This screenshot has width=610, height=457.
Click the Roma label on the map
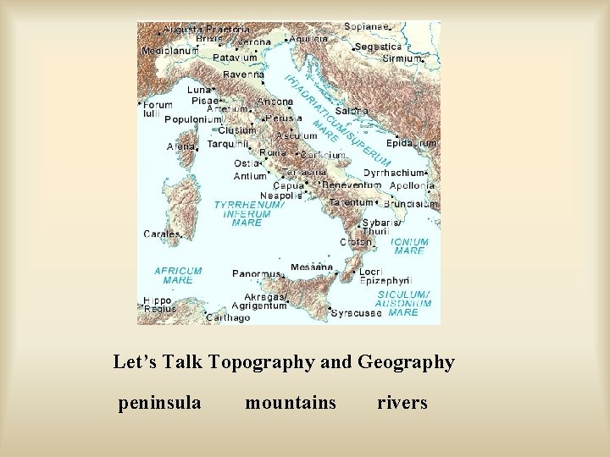pyautogui.click(x=273, y=152)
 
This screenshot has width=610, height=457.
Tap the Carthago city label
pyautogui.click(x=229, y=318)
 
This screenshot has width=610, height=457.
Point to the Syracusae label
pyautogui.click(x=357, y=312)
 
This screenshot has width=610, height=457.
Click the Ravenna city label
pyautogui.click(x=242, y=74)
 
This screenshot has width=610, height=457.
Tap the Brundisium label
pyautogui.click(x=411, y=204)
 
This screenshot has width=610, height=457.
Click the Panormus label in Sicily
pyautogui.click(x=256, y=274)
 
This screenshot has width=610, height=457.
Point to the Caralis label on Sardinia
pyautogui.click(x=162, y=234)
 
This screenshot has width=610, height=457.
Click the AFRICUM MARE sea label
pyautogui.click(x=178, y=275)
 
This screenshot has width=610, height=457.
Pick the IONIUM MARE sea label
pyautogui.click(x=410, y=246)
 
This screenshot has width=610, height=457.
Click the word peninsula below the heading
pyautogui.click(x=160, y=403)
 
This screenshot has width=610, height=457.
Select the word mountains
pyautogui.click(x=291, y=403)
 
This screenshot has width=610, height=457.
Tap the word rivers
pyautogui.click(x=402, y=403)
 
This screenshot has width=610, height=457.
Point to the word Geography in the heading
pyautogui.click(x=406, y=362)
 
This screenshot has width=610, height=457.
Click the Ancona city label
pyautogui.click(x=275, y=101)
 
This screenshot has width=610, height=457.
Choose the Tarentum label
pyautogui.click(x=351, y=203)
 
